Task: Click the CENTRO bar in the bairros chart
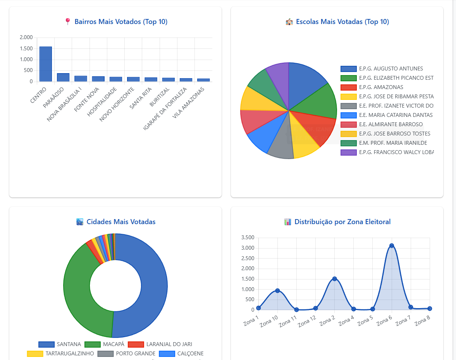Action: point(45,64)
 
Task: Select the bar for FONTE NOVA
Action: point(98,79)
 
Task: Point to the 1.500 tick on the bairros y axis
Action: point(26,49)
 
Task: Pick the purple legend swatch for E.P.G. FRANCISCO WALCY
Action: point(348,153)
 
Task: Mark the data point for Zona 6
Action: point(392,246)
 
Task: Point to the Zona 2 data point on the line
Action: point(335,279)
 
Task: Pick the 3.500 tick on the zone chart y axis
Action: point(247,238)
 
